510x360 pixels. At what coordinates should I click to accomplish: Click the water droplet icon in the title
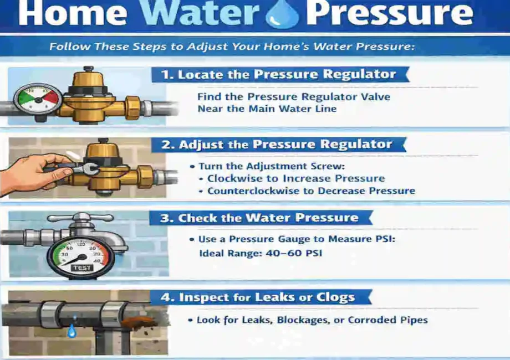[x=282, y=15]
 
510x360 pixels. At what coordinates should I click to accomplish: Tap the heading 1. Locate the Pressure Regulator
[x=278, y=74]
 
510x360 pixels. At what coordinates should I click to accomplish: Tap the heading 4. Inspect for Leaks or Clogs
[x=257, y=297]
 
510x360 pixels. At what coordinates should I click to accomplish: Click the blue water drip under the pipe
[x=72, y=332]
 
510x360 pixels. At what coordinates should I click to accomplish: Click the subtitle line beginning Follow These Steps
[x=231, y=47]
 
